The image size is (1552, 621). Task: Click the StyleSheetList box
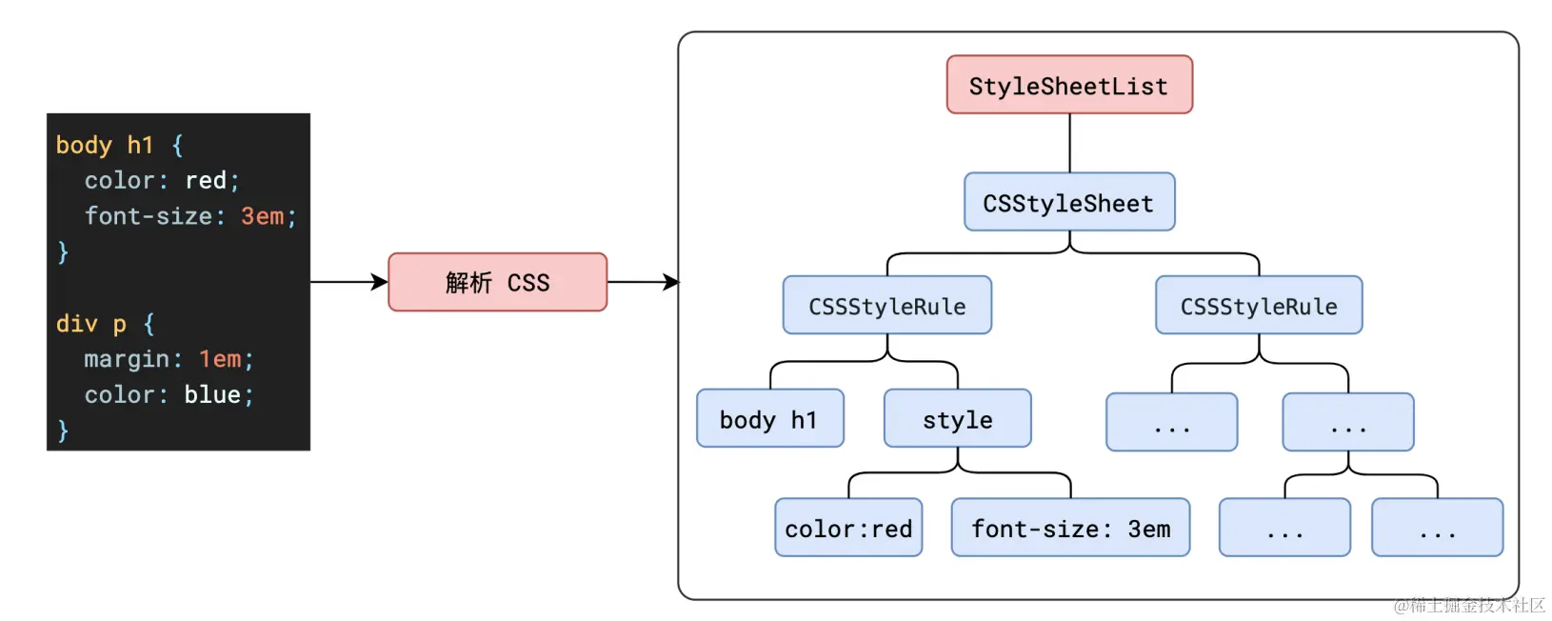pos(1069,85)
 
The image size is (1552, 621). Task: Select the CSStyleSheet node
pos(1069,202)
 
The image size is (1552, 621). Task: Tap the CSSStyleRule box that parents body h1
pos(886,305)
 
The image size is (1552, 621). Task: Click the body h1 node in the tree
pos(769,418)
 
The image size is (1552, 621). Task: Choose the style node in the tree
pos(958,418)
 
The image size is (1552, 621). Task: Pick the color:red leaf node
pos(848,528)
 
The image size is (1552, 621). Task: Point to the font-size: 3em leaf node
pos(1070,528)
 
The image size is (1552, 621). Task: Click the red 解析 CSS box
pos(497,282)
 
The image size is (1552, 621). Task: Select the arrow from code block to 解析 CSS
pos(349,282)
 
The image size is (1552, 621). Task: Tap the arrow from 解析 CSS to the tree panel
pos(644,282)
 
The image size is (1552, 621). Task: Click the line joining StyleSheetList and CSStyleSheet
pos(1070,144)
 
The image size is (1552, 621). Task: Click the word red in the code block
pos(206,180)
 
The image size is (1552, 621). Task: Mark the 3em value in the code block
pos(262,216)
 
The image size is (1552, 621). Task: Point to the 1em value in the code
pos(220,359)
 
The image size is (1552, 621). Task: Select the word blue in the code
pos(212,394)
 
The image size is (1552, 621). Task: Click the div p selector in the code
pos(90,324)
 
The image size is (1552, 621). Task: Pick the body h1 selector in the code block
pos(105,146)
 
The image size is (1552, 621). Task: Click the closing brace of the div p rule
pos(63,431)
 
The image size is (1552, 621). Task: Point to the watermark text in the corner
pos(1469,605)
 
